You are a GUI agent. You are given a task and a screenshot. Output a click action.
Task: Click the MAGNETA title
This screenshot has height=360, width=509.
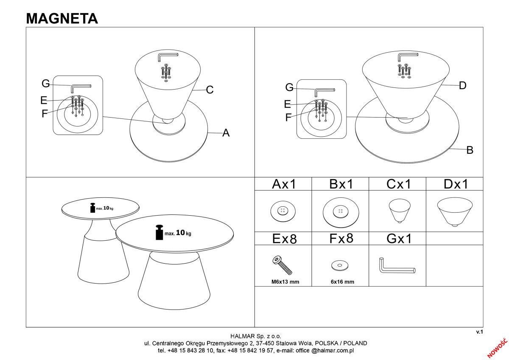coord(62,18)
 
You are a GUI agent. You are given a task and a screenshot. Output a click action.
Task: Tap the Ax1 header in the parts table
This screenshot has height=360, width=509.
coord(283,184)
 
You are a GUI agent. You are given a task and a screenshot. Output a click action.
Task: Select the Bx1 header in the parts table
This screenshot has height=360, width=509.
coord(341,184)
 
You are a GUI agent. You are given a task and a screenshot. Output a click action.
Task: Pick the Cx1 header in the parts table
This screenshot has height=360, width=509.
coord(398,184)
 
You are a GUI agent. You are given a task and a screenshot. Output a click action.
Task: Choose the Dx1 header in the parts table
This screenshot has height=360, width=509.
coord(455,184)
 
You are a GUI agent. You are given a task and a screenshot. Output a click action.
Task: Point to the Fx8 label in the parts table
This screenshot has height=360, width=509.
coord(341,238)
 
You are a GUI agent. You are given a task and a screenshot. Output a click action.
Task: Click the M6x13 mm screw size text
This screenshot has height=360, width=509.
coord(283,282)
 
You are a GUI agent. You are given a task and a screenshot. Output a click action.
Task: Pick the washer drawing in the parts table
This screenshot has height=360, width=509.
coord(340,266)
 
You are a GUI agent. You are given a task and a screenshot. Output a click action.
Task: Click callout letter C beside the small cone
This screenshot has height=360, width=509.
coord(210,90)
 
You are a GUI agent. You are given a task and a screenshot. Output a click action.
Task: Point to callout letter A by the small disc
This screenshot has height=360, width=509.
coord(226,133)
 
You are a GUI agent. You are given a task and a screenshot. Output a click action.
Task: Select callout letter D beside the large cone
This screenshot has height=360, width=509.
coord(463,85)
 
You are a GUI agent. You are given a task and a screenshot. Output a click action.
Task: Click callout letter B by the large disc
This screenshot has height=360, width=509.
coord(470,150)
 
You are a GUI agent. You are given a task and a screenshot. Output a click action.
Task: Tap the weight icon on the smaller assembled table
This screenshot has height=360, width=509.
coord(92,208)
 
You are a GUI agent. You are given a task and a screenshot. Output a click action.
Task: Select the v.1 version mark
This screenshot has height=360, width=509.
coord(479,332)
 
